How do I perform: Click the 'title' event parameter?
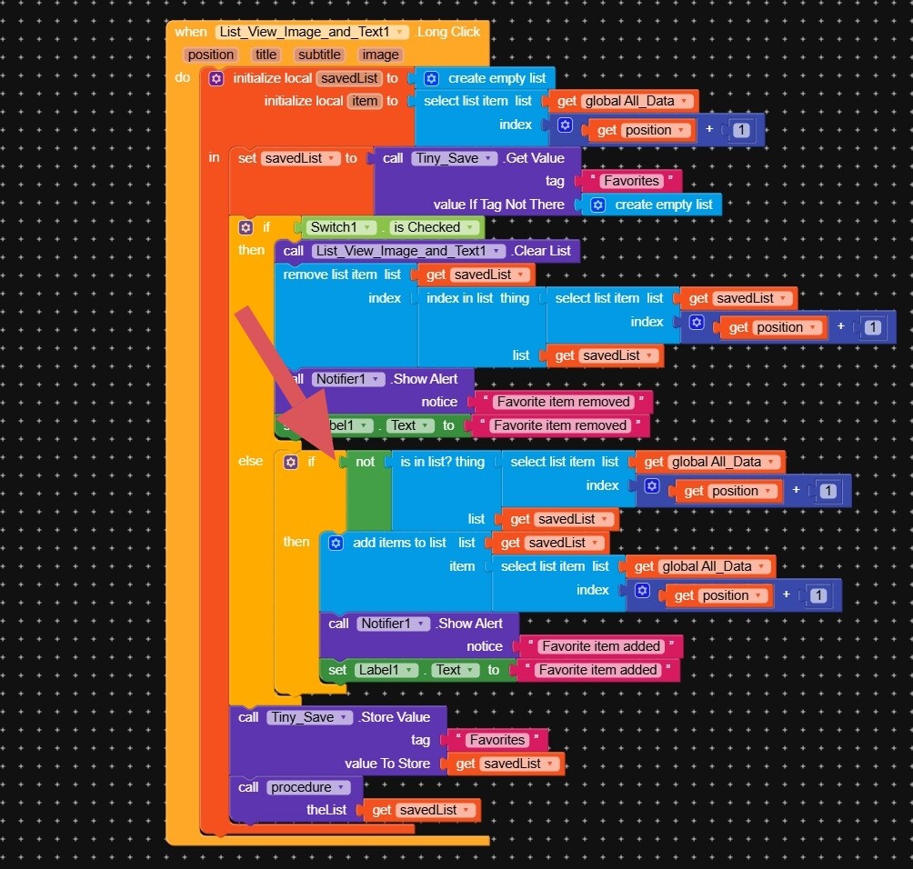tap(266, 55)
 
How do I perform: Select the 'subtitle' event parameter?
tap(319, 55)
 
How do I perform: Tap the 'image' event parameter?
tap(381, 55)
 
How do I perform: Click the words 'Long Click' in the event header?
tap(448, 32)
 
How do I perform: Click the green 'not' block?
tap(365, 462)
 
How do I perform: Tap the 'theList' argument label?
tap(326, 810)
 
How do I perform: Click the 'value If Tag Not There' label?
tap(498, 205)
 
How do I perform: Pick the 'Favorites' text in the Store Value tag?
tap(497, 740)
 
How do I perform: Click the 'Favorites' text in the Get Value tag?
tap(630, 181)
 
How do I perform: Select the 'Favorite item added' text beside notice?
tap(601, 646)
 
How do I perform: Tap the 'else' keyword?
tap(251, 461)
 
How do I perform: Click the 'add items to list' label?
tap(399, 543)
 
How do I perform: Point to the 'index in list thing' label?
tap(477, 298)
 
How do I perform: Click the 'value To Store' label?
tap(387, 764)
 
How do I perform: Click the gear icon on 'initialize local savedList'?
tap(216, 78)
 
